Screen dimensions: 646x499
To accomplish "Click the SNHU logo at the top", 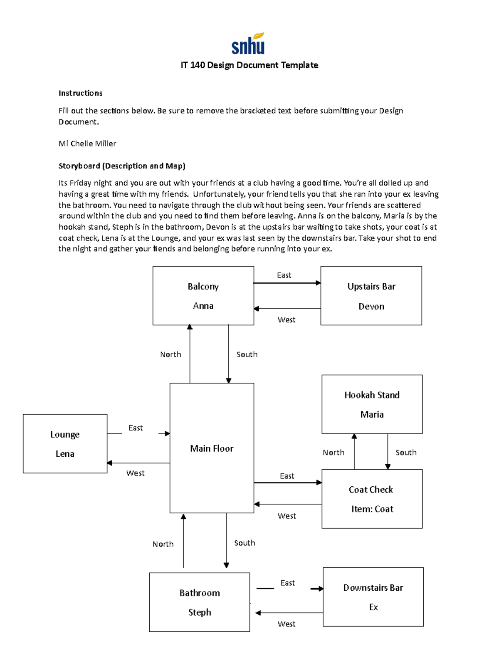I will point(248,44).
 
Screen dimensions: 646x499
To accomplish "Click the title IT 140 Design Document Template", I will point(249,65).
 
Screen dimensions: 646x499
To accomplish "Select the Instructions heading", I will point(80,93).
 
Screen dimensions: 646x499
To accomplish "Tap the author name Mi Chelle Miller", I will point(87,144).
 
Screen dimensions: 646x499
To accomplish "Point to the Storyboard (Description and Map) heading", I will point(122,166).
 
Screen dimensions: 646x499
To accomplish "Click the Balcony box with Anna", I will point(203,296).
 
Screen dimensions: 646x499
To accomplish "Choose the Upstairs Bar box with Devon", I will point(371,296).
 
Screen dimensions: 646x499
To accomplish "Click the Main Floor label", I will point(212,448).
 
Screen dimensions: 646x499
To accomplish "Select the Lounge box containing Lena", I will point(65,444).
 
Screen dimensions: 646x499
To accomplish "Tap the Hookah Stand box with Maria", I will point(372,404).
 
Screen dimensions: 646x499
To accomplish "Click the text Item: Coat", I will point(372,509).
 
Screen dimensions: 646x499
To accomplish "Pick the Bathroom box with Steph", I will point(200,602).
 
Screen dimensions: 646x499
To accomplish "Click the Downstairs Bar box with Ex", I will point(373,597).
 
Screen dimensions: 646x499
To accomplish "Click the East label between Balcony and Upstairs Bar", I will point(284,275).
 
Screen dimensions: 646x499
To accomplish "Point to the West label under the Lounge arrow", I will point(135,473).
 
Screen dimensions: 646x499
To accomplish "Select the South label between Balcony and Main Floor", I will point(247,354).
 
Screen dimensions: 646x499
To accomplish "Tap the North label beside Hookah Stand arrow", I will point(333,453).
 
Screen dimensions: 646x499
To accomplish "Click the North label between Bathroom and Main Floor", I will point(163,544).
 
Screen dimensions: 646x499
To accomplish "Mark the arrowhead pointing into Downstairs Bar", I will point(320,589).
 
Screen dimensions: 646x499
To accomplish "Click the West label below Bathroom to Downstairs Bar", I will point(287,624).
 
